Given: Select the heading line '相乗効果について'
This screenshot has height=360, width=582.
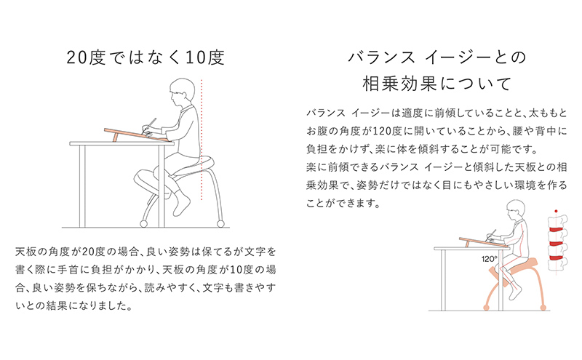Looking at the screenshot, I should [436, 82].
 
